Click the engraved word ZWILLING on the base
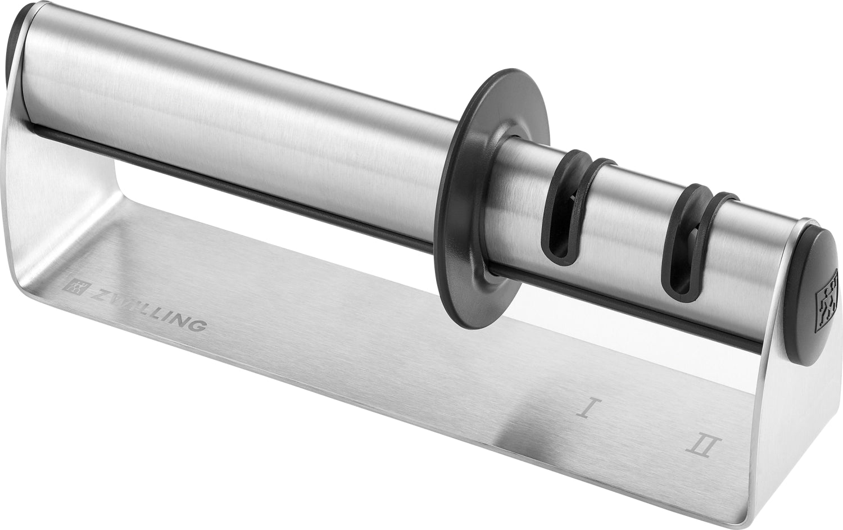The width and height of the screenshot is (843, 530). coord(148,309)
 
